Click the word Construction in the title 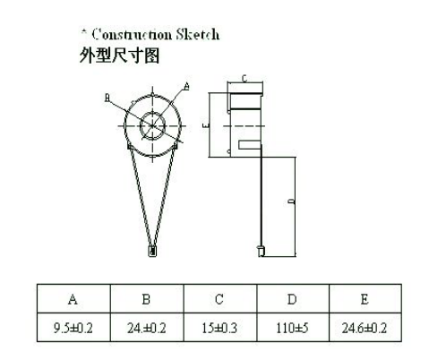coord(132,34)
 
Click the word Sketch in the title coord(197,34)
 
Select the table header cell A coord(73,299)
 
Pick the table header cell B coord(147,299)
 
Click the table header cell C coord(219,299)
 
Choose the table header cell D coord(293,299)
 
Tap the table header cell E coord(365,299)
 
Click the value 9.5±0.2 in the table coord(73,328)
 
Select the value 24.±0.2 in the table coord(147,328)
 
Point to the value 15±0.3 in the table coord(219,328)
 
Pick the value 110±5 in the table coord(292,328)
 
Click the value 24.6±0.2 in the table coord(365,328)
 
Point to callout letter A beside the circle coord(186,86)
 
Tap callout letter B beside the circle coord(107,98)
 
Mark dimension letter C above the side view coord(245,79)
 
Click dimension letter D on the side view coord(292,201)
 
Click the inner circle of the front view coord(152,113)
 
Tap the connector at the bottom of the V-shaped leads coord(152,251)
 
